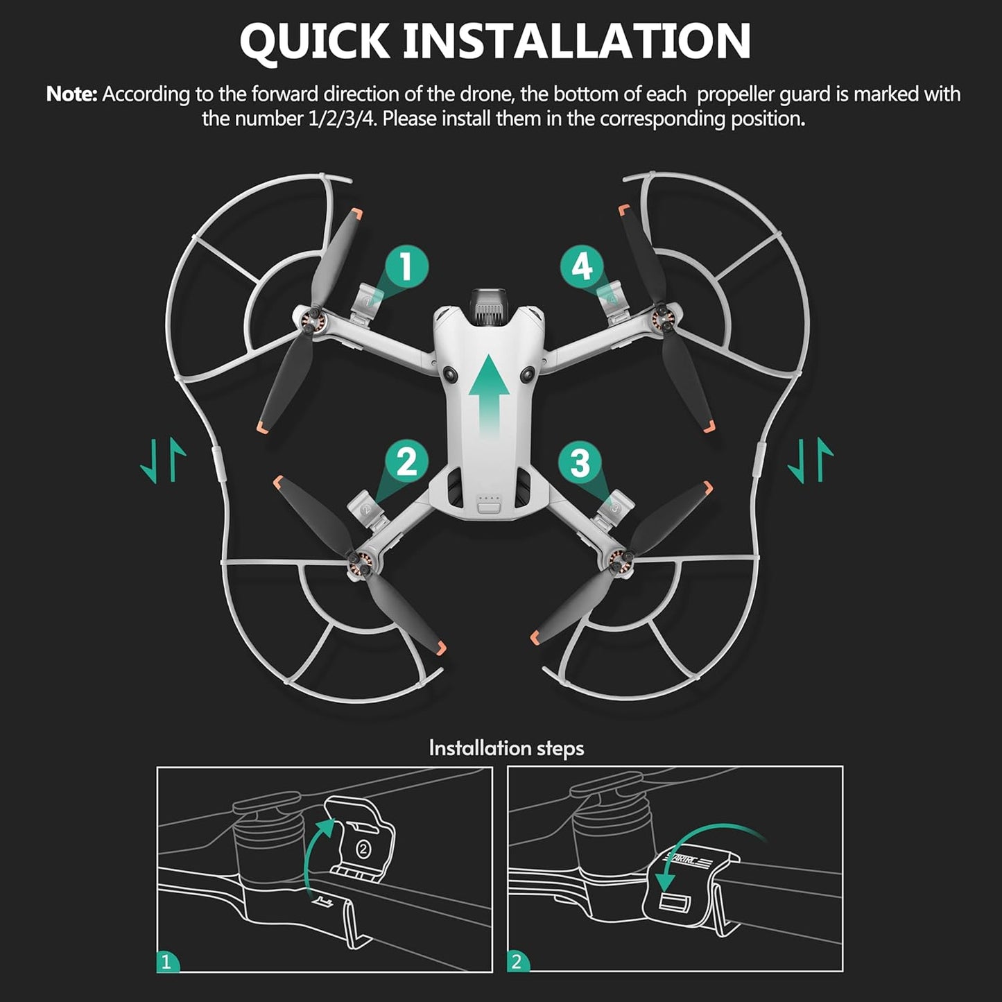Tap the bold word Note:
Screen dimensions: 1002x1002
[x=71, y=94]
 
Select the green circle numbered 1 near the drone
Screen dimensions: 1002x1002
[x=406, y=267]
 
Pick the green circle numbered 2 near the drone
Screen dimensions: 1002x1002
[x=406, y=461]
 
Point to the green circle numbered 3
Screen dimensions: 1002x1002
[x=580, y=461]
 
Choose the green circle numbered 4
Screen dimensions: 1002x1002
[x=582, y=267]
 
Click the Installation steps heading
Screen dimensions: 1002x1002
[x=506, y=748]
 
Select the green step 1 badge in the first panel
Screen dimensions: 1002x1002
[x=166, y=962]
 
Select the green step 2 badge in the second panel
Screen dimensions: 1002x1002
[x=517, y=962]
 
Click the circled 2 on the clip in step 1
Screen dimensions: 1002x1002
[x=365, y=848]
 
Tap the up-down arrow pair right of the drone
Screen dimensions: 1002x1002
[x=810, y=460]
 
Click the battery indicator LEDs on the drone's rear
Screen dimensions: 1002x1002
[x=490, y=498]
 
